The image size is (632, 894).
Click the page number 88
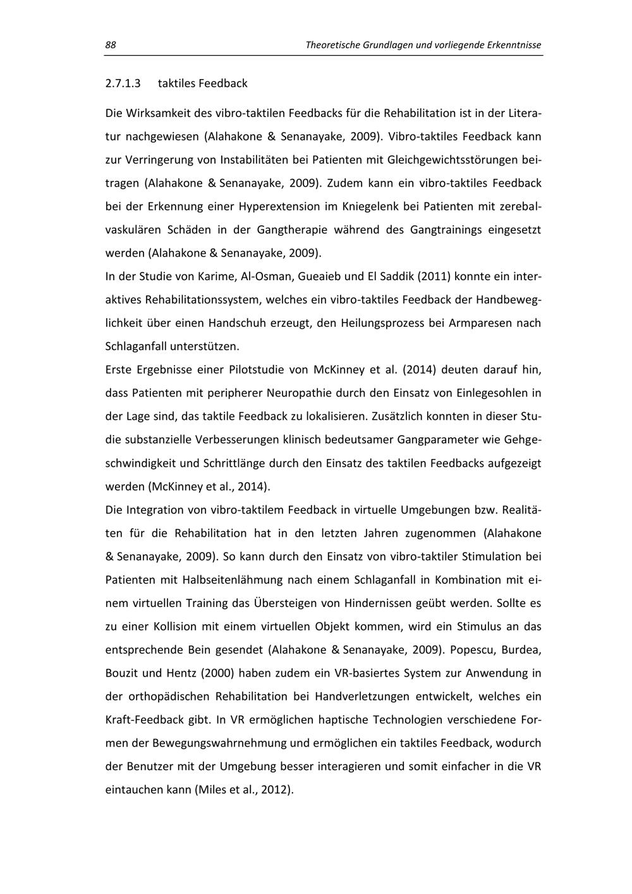pyautogui.click(x=110, y=45)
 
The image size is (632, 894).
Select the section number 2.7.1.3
pyautogui.click(x=123, y=83)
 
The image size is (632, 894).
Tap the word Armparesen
pyautogui.click(x=478, y=323)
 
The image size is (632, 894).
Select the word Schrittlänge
pyautogui.click(x=233, y=463)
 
